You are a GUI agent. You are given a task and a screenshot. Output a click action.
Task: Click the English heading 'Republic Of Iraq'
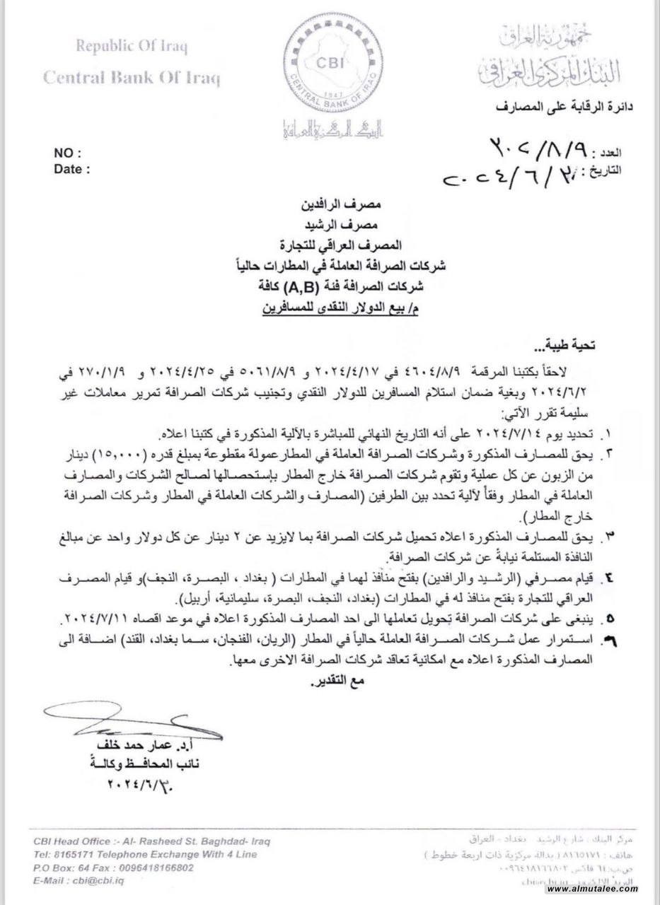(132, 48)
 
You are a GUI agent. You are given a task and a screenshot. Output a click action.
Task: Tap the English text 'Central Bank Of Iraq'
(132, 76)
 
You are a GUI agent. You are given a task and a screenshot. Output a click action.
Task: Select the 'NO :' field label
(68, 153)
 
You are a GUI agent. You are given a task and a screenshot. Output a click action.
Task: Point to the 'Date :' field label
(72, 169)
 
